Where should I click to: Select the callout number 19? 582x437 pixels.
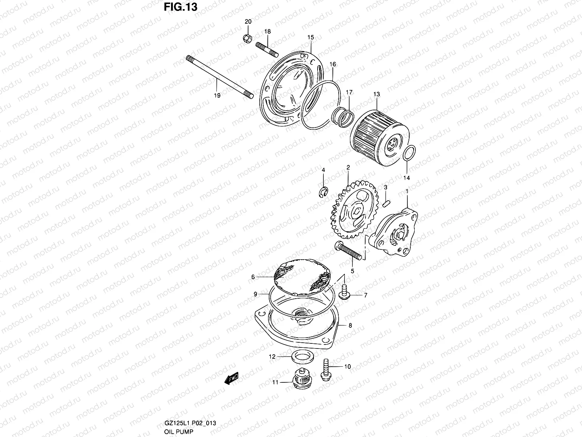tap(217, 96)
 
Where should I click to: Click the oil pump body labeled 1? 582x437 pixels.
tap(395, 233)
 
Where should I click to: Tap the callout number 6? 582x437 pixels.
tap(253, 277)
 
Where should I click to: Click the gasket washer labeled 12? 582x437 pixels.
tap(300, 356)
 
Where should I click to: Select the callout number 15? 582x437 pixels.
tap(310, 37)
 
